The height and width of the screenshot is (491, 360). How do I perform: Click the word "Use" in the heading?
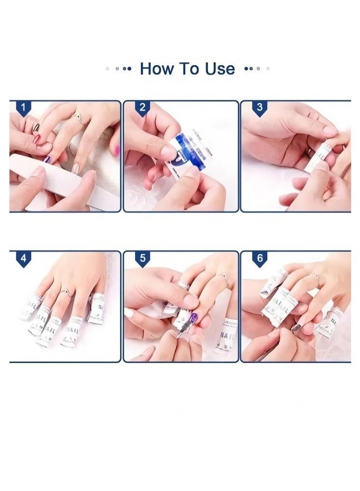(x=220, y=69)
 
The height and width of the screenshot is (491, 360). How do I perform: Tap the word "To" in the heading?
(x=189, y=69)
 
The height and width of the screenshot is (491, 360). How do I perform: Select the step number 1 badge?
(x=23, y=108)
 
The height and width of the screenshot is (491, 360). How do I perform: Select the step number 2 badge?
(x=142, y=108)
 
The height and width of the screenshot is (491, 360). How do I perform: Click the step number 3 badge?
(x=260, y=108)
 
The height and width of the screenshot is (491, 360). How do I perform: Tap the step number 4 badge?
(x=23, y=258)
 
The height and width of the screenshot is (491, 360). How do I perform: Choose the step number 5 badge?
(x=142, y=258)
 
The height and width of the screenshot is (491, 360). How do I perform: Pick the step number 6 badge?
(x=260, y=258)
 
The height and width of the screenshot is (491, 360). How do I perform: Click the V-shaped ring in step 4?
(x=66, y=292)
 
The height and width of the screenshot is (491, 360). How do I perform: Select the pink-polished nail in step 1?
(x=37, y=139)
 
